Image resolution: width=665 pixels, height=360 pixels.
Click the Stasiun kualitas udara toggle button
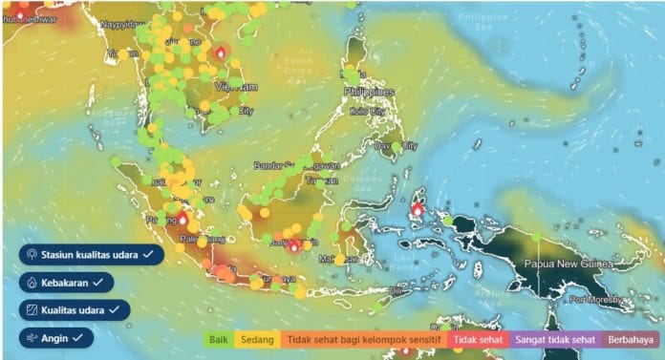click(x=91, y=255)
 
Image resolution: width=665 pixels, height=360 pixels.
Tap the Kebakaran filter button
click(x=66, y=283)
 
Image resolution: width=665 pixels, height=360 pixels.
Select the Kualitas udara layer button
click(x=74, y=310)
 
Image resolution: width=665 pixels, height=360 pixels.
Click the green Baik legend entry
click(x=218, y=339)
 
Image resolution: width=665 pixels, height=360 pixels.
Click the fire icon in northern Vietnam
click(x=221, y=53)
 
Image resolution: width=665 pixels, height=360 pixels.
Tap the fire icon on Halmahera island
click(x=418, y=208)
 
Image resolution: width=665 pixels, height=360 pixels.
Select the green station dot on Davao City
click(x=394, y=146)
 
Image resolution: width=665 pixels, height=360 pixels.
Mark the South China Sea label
click(x=297, y=67)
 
